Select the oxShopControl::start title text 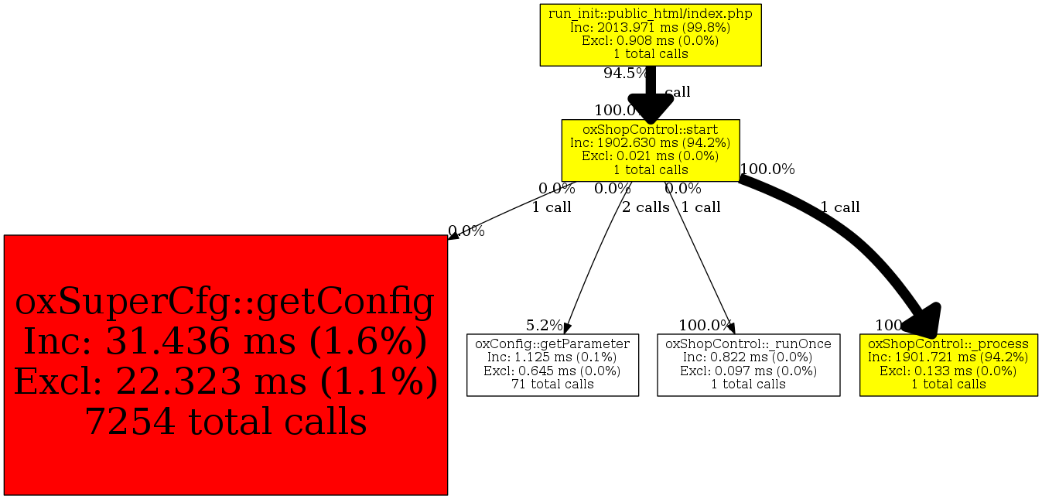click(x=650, y=129)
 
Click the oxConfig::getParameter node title click(x=552, y=343)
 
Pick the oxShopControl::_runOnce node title click(x=748, y=343)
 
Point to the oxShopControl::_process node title click(x=948, y=343)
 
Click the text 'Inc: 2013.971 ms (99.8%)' click(x=650, y=27)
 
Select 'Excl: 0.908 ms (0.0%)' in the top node click(x=650, y=40)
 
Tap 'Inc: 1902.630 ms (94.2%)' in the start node click(x=650, y=142)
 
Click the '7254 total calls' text click(x=225, y=422)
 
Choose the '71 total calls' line click(x=552, y=384)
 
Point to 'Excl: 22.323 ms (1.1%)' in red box click(x=225, y=382)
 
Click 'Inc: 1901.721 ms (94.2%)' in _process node click(x=948, y=357)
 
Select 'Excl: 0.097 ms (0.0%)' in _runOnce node click(x=748, y=371)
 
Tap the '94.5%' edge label click(x=624, y=73)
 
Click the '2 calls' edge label click(x=646, y=207)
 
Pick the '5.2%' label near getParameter click(x=545, y=325)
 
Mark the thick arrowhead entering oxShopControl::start click(x=650, y=108)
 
